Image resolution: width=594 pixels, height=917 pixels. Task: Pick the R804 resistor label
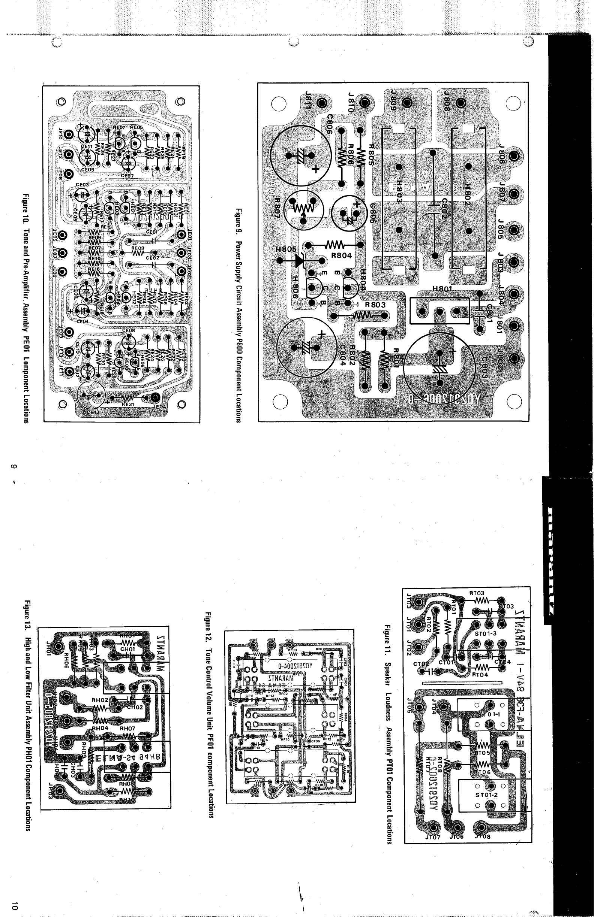point(340,255)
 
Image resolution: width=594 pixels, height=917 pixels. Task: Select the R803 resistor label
point(375,305)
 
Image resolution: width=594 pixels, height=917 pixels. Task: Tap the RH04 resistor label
point(100,729)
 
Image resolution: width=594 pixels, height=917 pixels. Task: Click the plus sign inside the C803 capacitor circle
point(452,351)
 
